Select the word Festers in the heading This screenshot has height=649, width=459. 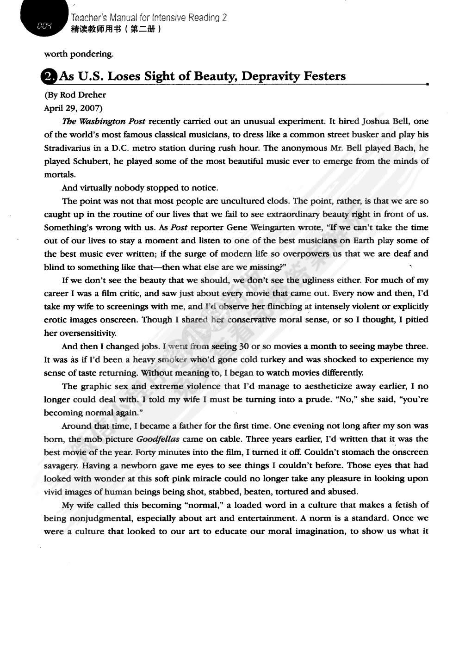click(x=325, y=76)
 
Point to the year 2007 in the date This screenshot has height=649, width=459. click(x=90, y=108)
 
